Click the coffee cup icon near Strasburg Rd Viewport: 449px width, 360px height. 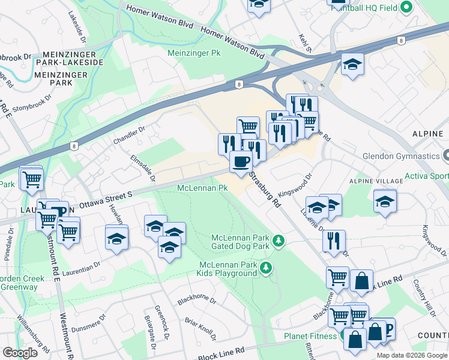(x=241, y=161)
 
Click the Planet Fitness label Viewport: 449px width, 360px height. (x=310, y=336)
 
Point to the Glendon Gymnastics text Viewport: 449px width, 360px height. (x=400, y=156)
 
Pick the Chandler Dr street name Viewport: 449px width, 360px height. (x=129, y=135)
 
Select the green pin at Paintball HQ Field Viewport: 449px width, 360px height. (x=406, y=7)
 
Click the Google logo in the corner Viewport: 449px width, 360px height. (x=20, y=352)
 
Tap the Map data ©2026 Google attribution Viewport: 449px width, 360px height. (x=412, y=355)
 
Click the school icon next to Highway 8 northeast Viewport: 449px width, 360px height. (x=352, y=65)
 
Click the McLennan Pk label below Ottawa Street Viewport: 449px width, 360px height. (x=202, y=188)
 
